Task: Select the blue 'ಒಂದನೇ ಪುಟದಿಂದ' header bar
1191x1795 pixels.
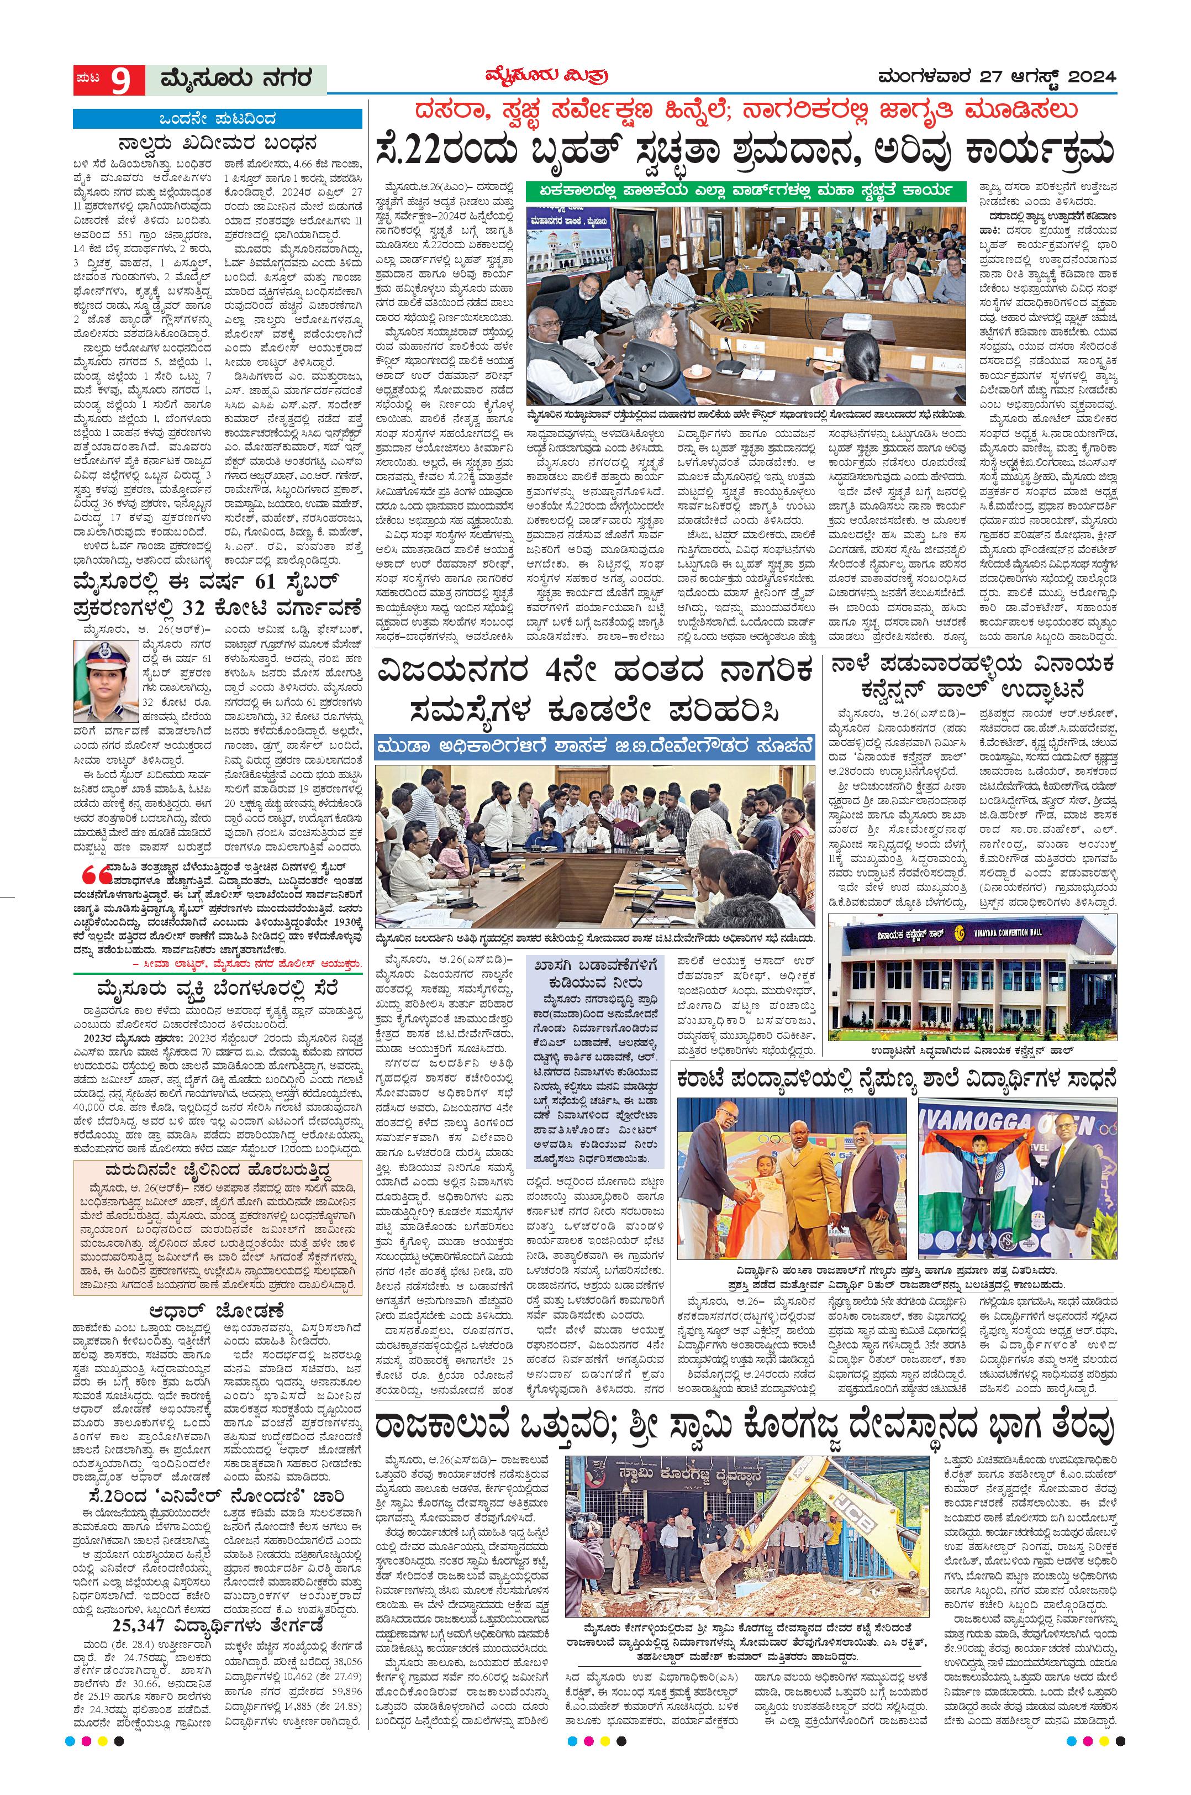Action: pyautogui.click(x=217, y=119)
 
